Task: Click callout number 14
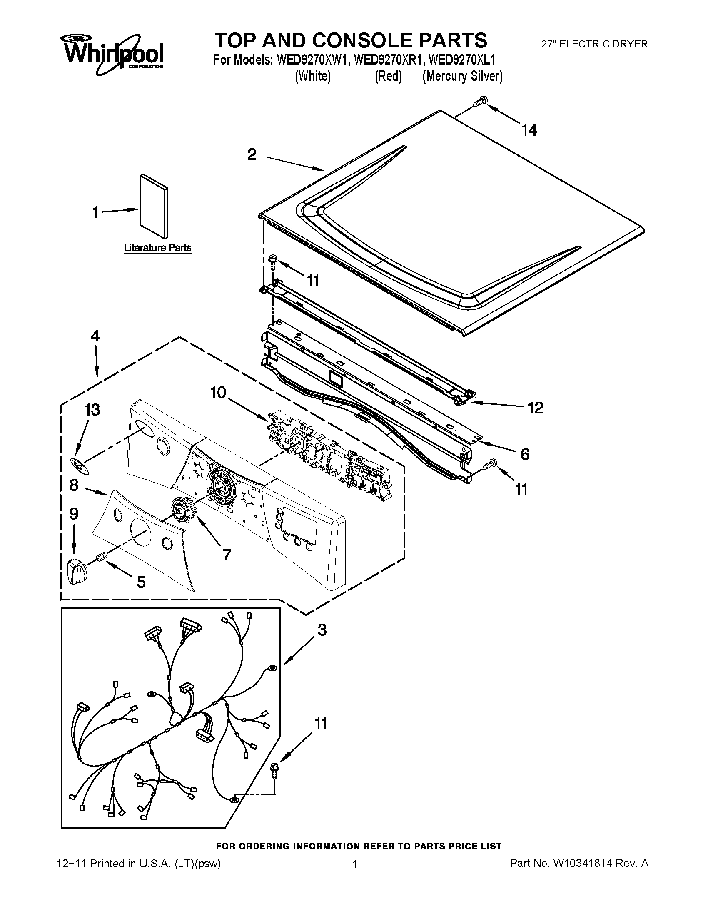coord(529,130)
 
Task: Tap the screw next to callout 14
coord(479,102)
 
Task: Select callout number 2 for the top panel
coord(252,155)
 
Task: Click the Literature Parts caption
coord(158,248)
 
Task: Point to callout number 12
coord(536,408)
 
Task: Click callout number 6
coord(525,454)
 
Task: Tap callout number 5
coord(141,582)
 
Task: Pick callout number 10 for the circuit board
coord(218,393)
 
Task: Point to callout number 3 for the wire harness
coord(322,630)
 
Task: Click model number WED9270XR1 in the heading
coord(388,60)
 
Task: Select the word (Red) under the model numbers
coord(388,76)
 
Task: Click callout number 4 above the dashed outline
coord(95,336)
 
